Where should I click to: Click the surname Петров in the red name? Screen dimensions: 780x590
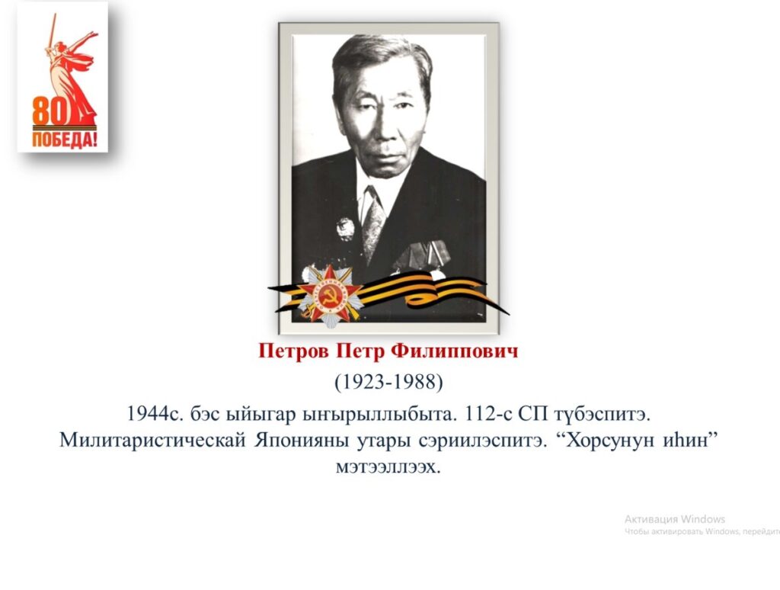click(x=293, y=351)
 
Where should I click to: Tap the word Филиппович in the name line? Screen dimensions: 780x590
click(x=454, y=351)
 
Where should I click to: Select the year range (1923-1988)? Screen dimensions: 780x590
click(x=388, y=383)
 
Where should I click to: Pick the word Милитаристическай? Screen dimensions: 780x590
click(x=152, y=441)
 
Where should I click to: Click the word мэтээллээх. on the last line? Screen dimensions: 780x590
click(x=388, y=467)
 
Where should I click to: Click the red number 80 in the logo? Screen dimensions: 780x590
click(x=50, y=111)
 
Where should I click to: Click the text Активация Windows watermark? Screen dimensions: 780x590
click(x=675, y=519)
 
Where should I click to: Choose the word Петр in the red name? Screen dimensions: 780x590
click(x=360, y=351)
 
